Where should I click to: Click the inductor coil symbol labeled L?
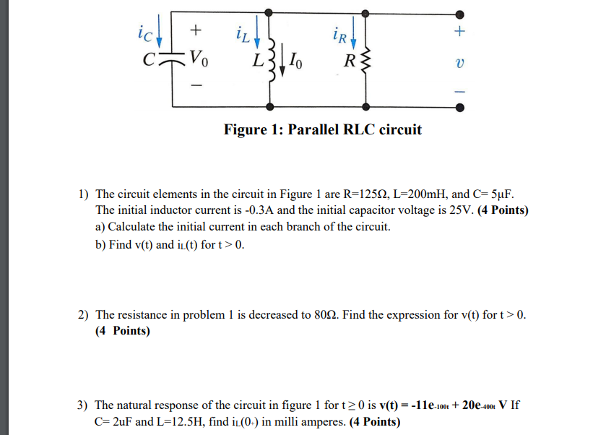click(270, 56)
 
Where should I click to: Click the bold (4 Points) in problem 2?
click(123, 331)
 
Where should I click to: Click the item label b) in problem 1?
click(101, 244)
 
